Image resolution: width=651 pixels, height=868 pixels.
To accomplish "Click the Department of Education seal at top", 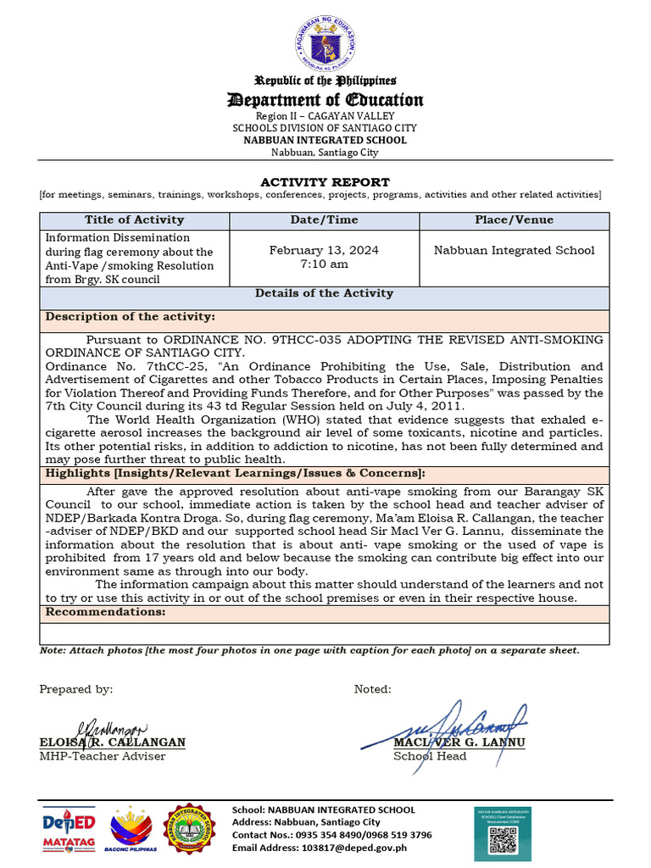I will click(325, 44).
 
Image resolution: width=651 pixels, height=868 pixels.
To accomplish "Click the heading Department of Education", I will click(325, 101).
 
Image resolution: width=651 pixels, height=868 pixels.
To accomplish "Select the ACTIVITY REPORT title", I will click(325, 182).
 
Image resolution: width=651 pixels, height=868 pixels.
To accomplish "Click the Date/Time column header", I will click(325, 220).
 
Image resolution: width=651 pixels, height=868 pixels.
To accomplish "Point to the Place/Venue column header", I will click(515, 220).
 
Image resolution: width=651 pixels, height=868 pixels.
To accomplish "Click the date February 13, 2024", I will click(325, 250).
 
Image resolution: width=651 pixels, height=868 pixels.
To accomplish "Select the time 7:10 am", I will click(325, 264).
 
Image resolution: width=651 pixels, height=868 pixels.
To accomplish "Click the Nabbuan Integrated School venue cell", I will click(515, 250).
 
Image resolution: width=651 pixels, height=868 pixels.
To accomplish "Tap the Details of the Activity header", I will click(325, 293).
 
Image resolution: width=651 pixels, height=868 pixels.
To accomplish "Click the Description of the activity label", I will click(130, 316).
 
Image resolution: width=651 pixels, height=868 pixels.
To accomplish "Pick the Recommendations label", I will click(105, 612).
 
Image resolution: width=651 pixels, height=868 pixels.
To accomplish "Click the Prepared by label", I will click(76, 689).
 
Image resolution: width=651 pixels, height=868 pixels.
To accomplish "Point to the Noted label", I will click(373, 689).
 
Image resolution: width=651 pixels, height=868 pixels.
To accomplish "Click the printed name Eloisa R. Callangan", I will click(112, 743).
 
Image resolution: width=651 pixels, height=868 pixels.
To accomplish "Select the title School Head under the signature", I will click(430, 756).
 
